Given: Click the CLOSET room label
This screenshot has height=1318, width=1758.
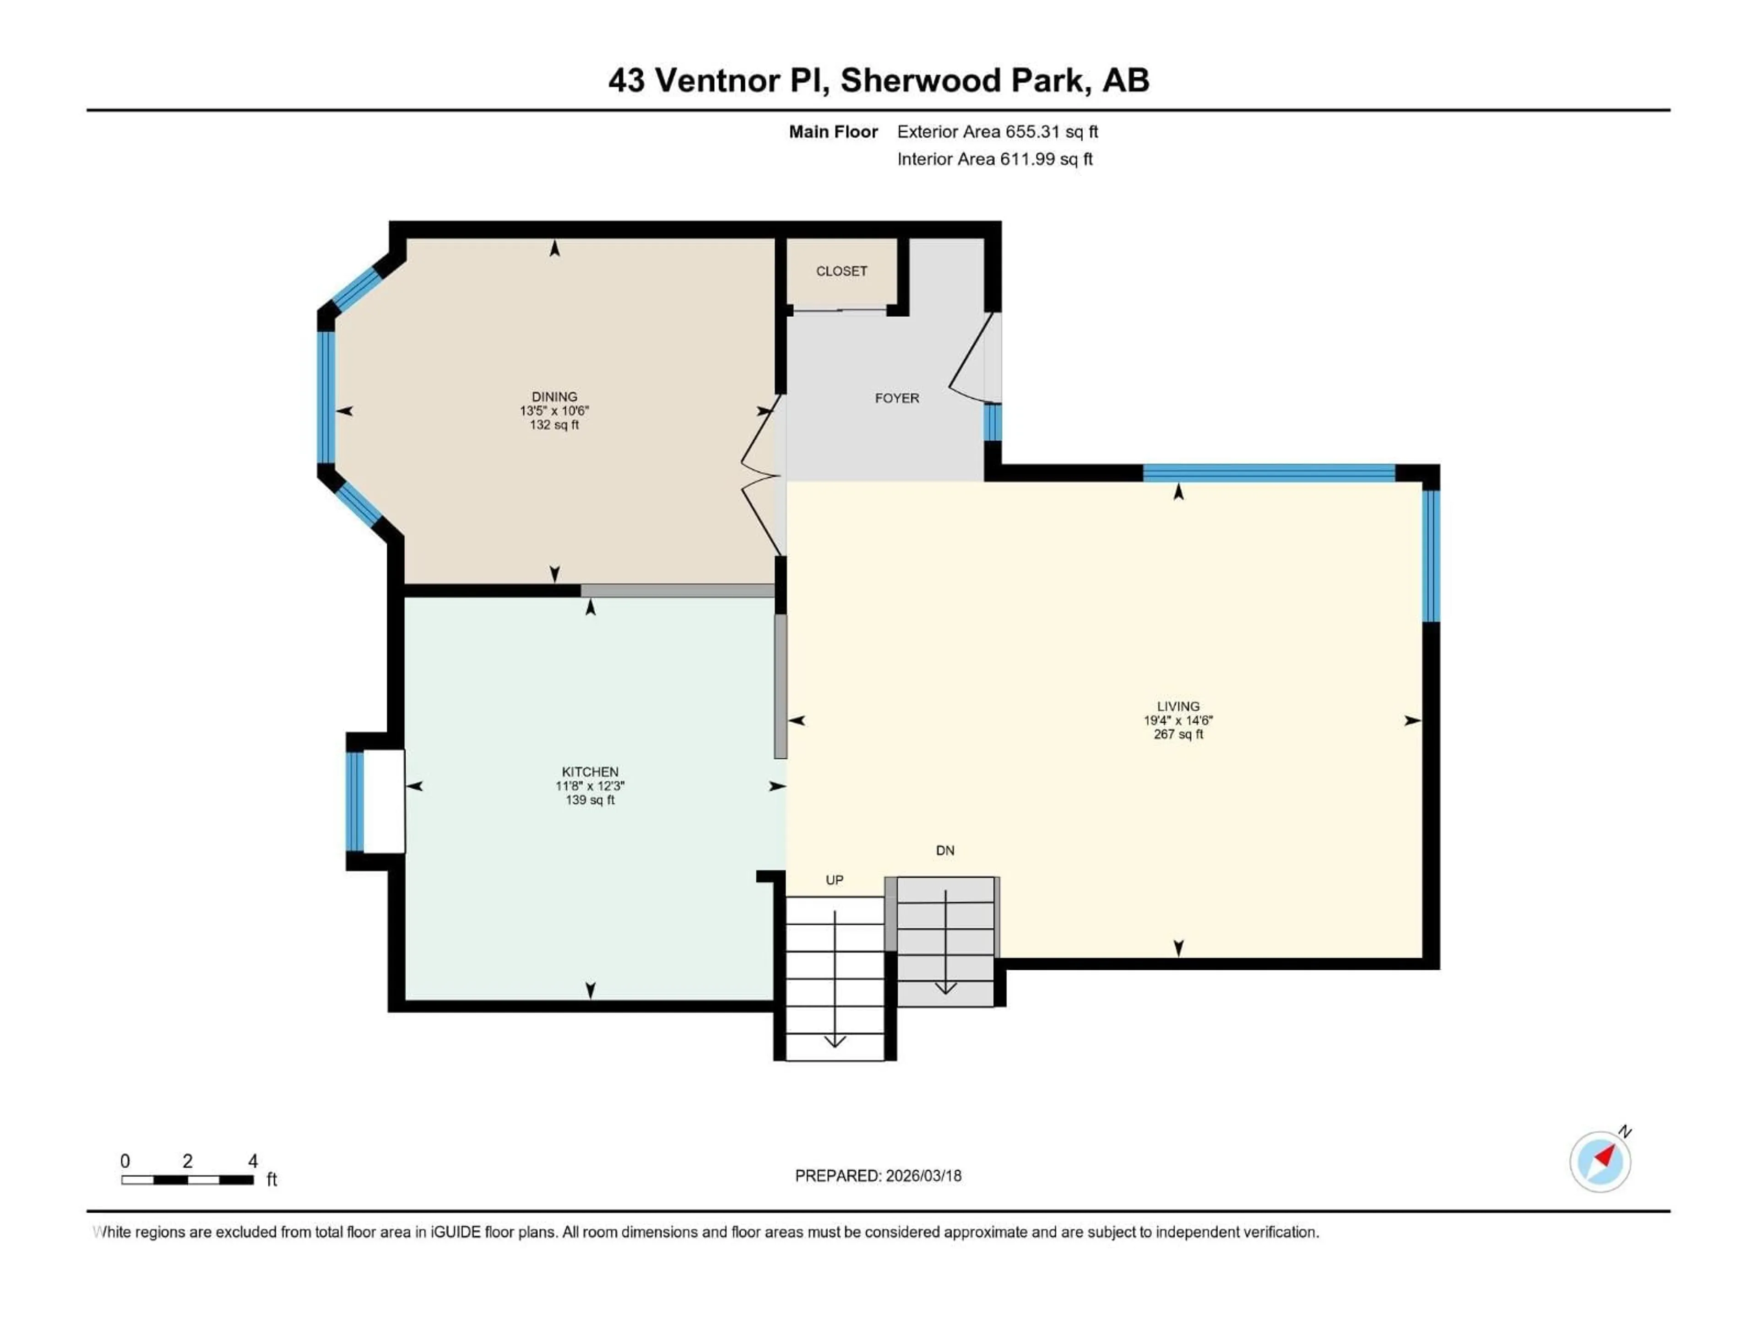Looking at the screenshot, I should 841,271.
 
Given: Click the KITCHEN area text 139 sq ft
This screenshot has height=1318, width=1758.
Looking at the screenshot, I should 590,800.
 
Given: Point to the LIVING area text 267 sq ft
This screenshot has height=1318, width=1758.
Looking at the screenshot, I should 1178,734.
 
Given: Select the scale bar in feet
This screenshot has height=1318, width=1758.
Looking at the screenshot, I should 188,1180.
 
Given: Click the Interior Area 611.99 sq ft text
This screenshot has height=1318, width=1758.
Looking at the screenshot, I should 994,159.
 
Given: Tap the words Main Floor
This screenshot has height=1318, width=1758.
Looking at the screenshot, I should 832,132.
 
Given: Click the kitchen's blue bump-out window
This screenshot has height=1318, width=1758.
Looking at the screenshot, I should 354,801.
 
